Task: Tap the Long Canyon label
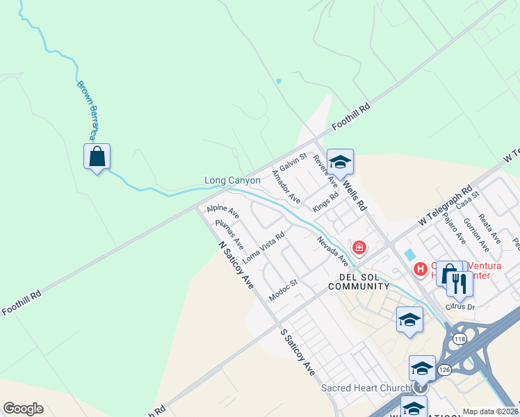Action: click(232, 181)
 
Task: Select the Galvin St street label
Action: click(293, 164)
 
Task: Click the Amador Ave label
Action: click(286, 188)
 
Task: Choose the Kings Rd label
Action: click(325, 202)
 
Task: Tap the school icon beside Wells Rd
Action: click(340, 162)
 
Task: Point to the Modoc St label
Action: click(283, 291)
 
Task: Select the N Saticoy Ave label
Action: click(236, 265)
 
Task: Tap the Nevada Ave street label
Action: click(333, 251)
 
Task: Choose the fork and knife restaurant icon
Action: click(459, 283)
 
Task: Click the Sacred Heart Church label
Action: click(365, 388)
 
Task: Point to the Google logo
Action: click(23, 409)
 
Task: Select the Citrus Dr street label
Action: click(460, 306)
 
